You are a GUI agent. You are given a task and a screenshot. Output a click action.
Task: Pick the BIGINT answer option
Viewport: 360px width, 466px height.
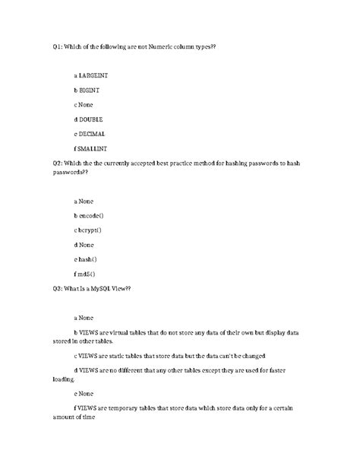coord(89,90)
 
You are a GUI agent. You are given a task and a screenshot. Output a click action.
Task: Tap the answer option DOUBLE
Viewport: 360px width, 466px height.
coord(90,119)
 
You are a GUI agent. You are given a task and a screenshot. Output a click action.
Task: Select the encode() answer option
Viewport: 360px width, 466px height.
coord(90,216)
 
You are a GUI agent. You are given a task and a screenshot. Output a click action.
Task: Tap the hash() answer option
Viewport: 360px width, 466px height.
coord(88,259)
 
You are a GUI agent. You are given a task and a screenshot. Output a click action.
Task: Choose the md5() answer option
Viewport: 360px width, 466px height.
coord(86,274)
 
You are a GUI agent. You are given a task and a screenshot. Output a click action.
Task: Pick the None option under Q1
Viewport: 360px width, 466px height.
coord(88,104)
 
